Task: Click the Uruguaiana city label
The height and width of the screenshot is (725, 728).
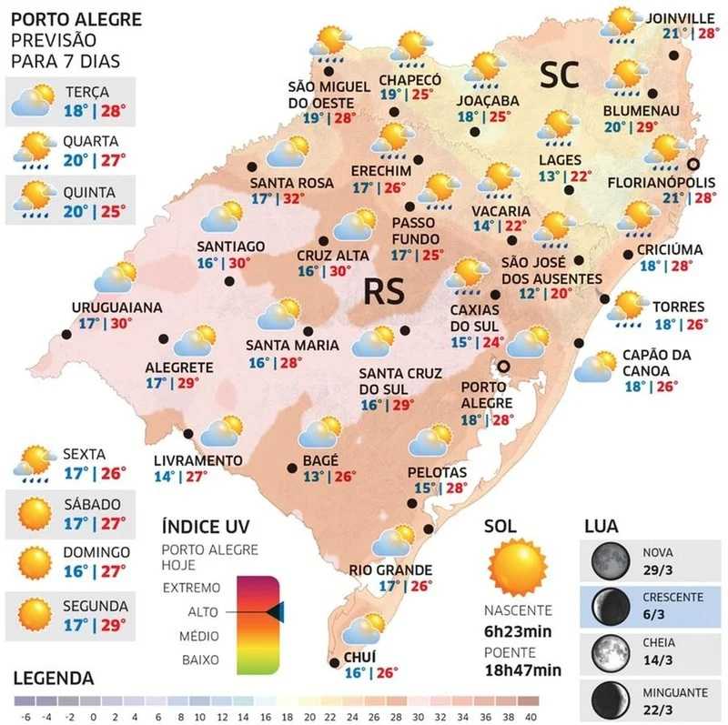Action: [x=116, y=307]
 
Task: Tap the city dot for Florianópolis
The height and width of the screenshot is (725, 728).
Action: [x=693, y=165]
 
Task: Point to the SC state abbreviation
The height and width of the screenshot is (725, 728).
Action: [x=559, y=76]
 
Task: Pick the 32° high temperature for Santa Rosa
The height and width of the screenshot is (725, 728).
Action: [x=291, y=198]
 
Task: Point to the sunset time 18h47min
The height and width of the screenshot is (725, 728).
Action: [x=522, y=670]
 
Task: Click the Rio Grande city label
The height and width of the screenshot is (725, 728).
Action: [x=391, y=569]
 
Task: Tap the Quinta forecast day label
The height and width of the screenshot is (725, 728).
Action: [x=88, y=192]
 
